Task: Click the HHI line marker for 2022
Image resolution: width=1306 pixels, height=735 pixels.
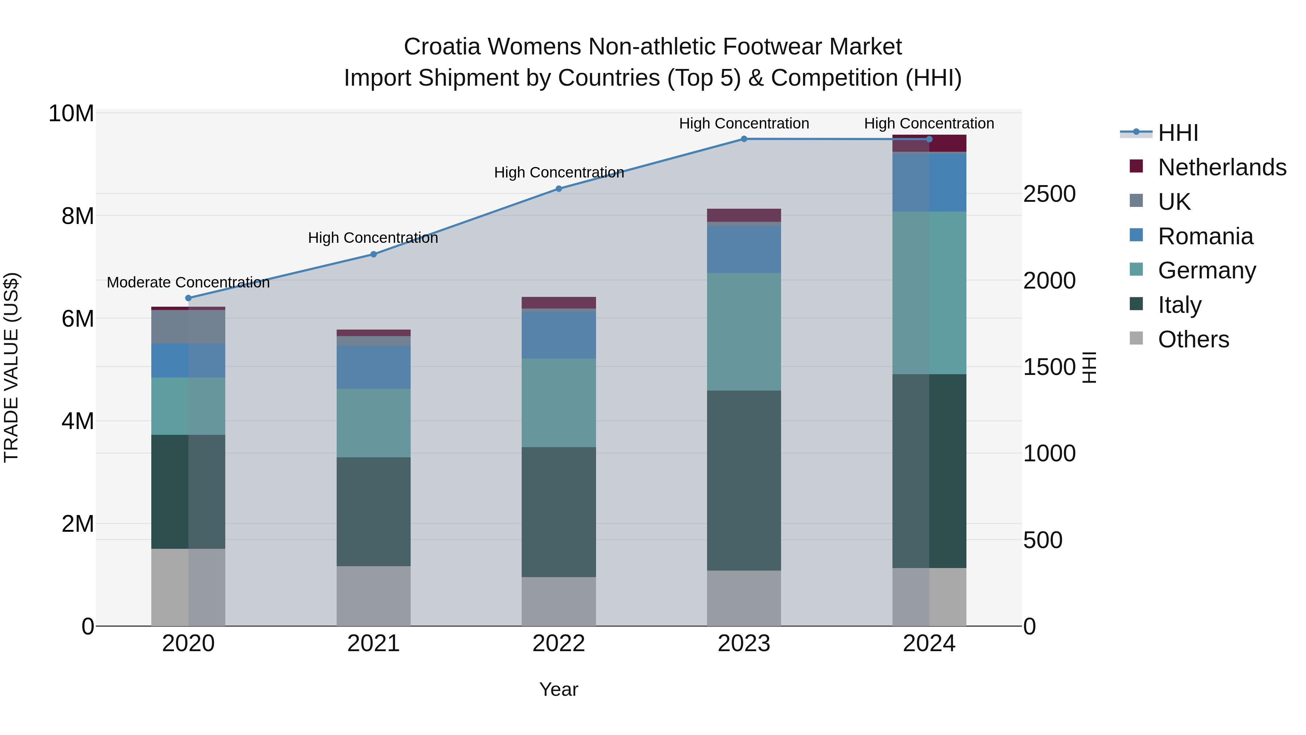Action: point(559,189)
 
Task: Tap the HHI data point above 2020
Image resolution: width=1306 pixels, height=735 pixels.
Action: point(188,298)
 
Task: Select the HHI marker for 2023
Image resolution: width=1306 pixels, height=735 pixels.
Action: point(744,139)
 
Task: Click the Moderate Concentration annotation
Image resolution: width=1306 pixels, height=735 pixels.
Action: point(188,282)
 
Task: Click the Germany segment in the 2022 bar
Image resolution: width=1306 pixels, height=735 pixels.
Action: point(559,403)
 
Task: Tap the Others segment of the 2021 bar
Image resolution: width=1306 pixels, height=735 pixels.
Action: point(373,596)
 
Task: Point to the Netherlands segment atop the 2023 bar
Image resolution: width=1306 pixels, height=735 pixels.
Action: point(744,215)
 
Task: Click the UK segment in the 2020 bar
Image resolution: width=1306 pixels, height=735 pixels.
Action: point(188,327)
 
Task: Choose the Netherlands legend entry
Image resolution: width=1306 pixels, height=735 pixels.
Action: point(1222,167)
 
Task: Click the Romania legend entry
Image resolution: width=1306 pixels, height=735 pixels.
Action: point(1205,236)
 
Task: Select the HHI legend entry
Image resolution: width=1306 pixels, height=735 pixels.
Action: point(1178,133)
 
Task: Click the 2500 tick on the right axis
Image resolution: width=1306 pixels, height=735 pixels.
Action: point(1049,194)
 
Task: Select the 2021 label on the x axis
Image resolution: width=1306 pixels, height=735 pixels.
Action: point(373,644)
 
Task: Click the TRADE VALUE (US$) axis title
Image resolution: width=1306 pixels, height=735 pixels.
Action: point(11,367)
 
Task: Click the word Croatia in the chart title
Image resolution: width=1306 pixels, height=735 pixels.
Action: point(442,47)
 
